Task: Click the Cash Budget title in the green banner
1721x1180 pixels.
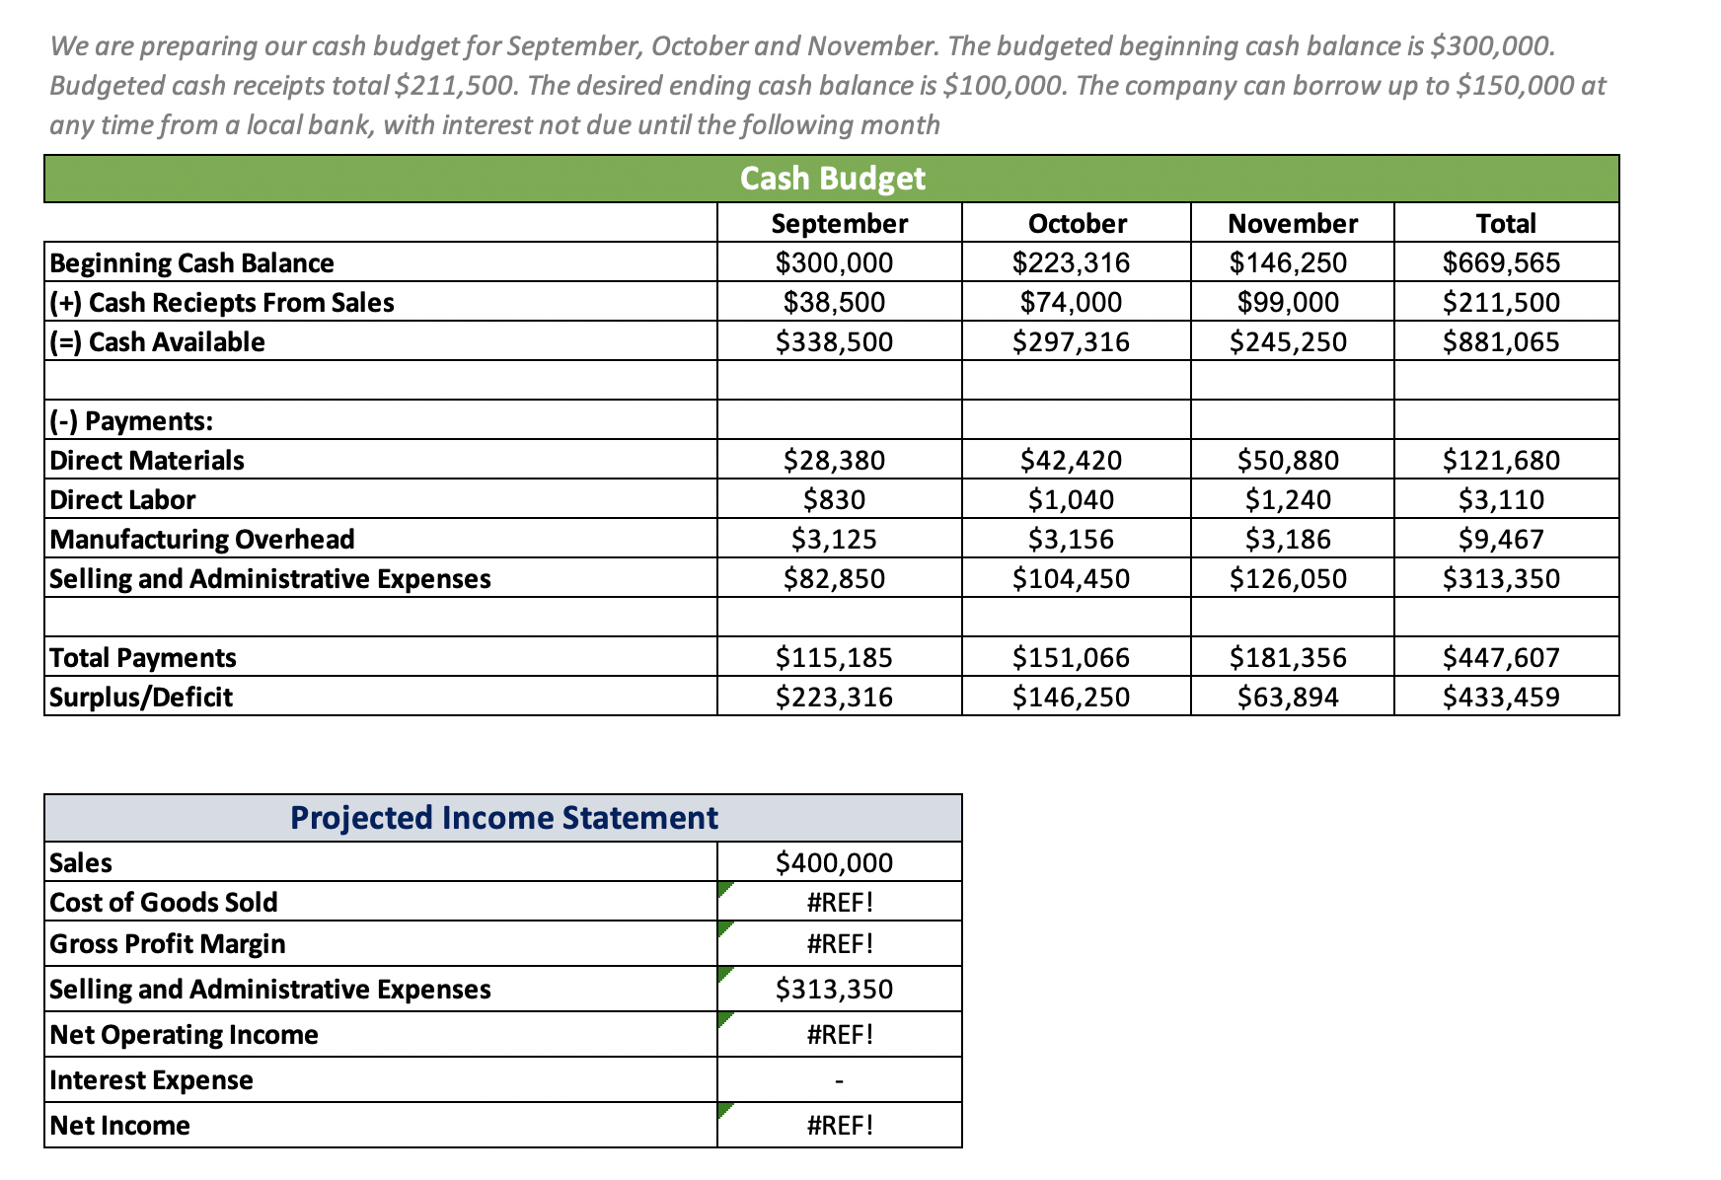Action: [x=832, y=179]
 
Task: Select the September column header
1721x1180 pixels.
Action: [x=839, y=224]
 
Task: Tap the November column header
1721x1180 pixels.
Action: [x=1292, y=224]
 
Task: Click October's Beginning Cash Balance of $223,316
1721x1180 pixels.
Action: [x=1071, y=263]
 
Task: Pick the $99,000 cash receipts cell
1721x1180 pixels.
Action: [x=1288, y=303]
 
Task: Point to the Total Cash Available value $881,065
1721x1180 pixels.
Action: [x=1501, y=342]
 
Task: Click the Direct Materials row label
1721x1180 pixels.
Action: [x=147, y=461]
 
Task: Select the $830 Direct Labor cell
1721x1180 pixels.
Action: [x=834, y=500]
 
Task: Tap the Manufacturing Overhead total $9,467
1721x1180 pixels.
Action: [x=1501, y=540]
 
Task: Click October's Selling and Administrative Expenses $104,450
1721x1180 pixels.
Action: [x=1071, y=579]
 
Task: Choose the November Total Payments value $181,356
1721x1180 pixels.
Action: [x=1288, y=658]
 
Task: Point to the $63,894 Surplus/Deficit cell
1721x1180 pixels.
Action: [x=1288, y=698]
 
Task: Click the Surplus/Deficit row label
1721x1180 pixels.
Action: [x=141, y=698]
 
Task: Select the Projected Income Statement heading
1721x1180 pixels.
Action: [x=503, y=818]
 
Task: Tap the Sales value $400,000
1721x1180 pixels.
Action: [x=834, y=863]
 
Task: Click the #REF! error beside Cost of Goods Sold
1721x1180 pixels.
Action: [x=840, y=903]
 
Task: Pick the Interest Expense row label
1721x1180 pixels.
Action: [x=151, y=1080]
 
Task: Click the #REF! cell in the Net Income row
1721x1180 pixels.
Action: [x=840, y=1126]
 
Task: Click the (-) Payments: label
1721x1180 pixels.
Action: [x=131, y=421]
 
